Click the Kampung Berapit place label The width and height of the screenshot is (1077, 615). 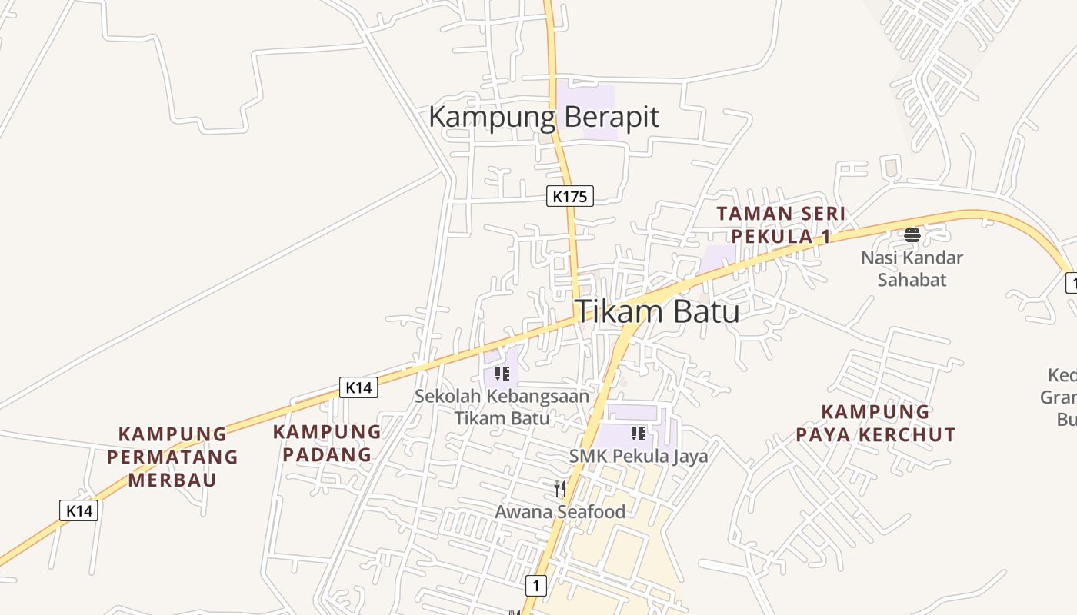click(x=543, y=118)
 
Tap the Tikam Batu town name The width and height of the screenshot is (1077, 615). click(x=657, y=311)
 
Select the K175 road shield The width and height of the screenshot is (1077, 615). click(x=570, y=196)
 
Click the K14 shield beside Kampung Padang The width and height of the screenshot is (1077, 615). click(x=358, y=387)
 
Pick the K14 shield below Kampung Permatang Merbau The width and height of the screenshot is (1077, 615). click(x=79, y=510)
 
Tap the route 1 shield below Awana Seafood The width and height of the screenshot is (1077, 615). click(x=536, y=586)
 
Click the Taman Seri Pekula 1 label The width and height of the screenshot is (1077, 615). click(x=781, y=224)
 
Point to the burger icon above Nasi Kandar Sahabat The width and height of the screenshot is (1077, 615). click(x=912, y=234)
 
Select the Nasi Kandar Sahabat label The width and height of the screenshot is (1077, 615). click(x=912, y=268)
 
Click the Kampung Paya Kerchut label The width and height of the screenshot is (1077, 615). click(x=875, y=423)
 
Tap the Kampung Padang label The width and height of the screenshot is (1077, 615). click(x=327, y=443)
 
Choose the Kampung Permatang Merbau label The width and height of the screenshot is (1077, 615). click(x=172, y=457)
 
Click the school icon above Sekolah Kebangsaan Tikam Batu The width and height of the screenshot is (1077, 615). click(x=502, y=374)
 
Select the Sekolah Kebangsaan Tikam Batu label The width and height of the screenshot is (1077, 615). click(x=502, y=407)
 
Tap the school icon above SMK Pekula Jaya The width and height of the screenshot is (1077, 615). click(x=638, y=434)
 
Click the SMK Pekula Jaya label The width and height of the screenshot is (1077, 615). click(x=639, y=456)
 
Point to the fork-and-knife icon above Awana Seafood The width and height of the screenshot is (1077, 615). click(x=560, y=488)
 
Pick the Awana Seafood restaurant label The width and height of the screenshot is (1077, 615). click(x=560, y=511)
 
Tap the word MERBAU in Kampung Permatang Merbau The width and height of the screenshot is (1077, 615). click(x=172, y=480)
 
